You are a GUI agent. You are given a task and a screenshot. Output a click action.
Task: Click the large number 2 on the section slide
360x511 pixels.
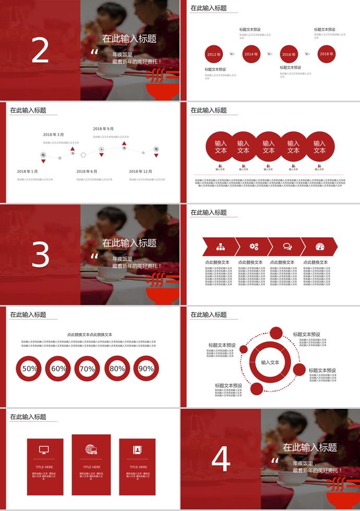coord(40,51)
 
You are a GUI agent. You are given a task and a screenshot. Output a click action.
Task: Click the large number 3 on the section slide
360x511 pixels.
coord(40,256)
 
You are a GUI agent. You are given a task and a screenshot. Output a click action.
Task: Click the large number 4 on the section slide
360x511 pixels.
coord(221,460)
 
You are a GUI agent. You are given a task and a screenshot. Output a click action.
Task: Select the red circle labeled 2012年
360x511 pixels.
coord(214,54)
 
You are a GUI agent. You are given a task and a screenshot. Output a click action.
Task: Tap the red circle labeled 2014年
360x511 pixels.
coord(251,54)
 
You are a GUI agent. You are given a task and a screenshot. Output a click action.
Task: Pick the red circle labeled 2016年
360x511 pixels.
coord(289,54)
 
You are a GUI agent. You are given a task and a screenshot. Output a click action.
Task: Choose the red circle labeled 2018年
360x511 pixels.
coord(327,54)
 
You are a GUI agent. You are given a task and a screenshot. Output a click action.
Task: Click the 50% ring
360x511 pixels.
coord(29,369)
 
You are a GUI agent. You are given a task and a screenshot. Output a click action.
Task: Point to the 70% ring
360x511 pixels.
coord(87,369)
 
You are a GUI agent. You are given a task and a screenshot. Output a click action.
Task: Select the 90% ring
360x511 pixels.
coord(146,369)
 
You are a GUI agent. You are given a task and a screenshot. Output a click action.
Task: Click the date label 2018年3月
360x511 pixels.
coord(53,135)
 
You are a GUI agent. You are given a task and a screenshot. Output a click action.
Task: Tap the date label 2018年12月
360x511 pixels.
coord(141,171)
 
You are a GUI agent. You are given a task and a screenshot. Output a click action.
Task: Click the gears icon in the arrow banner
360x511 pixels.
coord(254,247)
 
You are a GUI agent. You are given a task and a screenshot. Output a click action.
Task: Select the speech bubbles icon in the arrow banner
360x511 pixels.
coord(287,247)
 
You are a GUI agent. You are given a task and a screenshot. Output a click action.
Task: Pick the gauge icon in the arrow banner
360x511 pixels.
coord(320,247)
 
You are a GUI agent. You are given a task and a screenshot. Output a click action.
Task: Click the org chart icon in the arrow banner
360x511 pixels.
coord(220,247)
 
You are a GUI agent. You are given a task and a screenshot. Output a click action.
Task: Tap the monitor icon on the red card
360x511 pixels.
coord(44,449)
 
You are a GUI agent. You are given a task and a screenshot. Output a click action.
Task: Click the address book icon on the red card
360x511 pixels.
coord(138,449)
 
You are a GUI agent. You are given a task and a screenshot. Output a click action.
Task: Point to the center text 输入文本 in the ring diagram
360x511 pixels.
coord(270,362)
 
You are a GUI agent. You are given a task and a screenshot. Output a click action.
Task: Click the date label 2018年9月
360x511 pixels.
coord(103,129)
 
